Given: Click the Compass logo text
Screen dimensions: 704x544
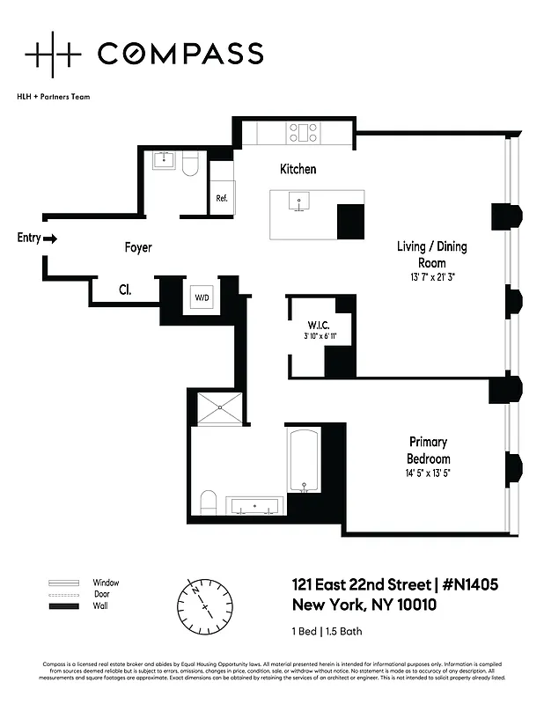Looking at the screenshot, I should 180,54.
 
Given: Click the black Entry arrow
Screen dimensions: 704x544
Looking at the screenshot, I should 50,238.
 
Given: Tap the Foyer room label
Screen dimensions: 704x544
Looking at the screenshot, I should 137,248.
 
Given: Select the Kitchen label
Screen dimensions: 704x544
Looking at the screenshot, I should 298,169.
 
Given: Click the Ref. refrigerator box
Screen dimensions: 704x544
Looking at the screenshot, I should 222,198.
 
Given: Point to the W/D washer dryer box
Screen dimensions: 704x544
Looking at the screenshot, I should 202,297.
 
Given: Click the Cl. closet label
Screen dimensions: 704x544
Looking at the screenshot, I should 125,288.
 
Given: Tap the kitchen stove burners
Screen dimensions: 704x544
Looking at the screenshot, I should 304,132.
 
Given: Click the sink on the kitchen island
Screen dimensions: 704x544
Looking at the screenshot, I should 299,203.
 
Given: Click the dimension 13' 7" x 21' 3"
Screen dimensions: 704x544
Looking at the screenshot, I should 431,276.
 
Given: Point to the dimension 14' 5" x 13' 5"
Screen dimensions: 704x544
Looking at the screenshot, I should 429,473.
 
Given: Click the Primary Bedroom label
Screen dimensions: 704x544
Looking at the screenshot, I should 429,451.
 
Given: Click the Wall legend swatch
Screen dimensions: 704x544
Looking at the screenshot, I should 63,607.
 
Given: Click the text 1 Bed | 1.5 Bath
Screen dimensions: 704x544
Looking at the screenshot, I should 327,631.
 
